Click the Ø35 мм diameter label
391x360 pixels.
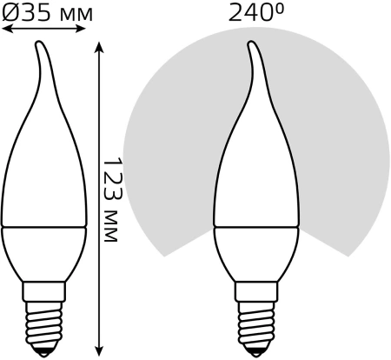pyautogui.click(x=47, y=12)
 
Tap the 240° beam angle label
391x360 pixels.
pyautogui.click(x=256, y=12)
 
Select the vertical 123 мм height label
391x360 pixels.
pyautogui.click(x=112, y=200)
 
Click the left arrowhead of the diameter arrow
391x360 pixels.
pyautogui.click(x=7, y=29)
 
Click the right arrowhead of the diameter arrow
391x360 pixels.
pyautogui.click(x=81, y=29)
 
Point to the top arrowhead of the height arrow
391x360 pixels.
pyautogui.click(x=99, y=48)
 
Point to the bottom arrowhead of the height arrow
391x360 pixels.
pyautogui.click(x=99, y=350)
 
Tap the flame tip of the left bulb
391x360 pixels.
pyautogui.click(x=38, y=43)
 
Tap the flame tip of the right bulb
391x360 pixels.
pyautogui.click(x=251, y=43)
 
